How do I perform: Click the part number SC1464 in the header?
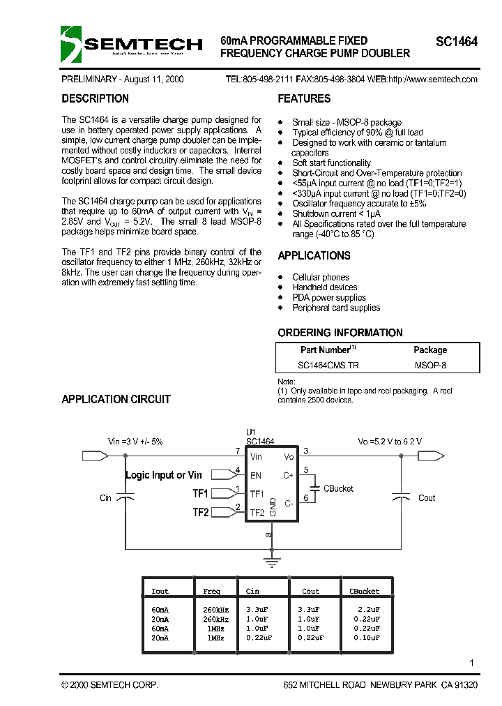point(457,42)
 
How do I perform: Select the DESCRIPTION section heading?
point(95,99)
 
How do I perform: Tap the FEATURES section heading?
point(304,99)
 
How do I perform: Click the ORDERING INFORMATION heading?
point(340,333)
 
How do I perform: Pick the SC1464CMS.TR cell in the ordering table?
point(328,365)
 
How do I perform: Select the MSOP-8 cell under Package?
point(430,365)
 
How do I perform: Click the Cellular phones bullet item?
point(321,277)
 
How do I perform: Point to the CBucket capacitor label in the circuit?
point(338,488)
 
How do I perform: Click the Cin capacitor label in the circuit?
point(106,498)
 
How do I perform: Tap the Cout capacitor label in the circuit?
point(427,498)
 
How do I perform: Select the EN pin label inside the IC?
point(256,475)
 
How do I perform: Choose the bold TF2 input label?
point(201,512)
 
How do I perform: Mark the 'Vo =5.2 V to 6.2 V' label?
point(390,442)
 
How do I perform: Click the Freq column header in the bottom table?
point(211,592)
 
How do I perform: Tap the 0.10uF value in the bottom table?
point(365,638)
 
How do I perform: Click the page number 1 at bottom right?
point(472,663)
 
